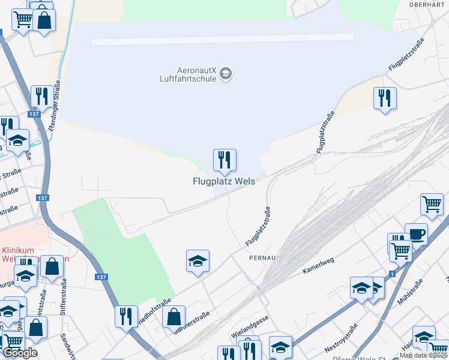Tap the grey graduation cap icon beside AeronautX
[x=226, y=74]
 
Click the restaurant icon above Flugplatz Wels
[x=224, y=160]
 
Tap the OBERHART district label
[x=426, y=4]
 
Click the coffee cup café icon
[x=416, y=234]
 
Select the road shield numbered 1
[x=392, y=274]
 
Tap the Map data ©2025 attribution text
[x=423, y=355]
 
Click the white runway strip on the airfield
[x=222, y=39]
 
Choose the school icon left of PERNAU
[x=197, y=261]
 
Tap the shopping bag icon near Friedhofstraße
[x=173, y=316]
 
